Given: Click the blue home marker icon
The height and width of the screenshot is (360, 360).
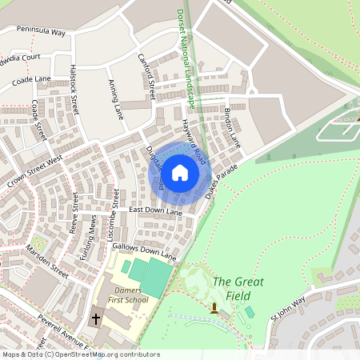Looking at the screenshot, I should [x=180, y=173].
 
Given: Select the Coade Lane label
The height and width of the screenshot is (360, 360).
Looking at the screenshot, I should [x=31, y=80].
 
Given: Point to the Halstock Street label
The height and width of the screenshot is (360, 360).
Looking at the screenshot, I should [x=75, y=88].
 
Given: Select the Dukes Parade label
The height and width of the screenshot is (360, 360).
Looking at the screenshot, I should [x=222, y=181].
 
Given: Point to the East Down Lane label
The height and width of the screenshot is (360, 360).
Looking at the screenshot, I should [x=156, y=210].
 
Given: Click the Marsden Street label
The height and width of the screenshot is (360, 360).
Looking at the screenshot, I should [x=46, y=260].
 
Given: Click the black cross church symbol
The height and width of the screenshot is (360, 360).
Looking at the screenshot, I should [x=96, y=318].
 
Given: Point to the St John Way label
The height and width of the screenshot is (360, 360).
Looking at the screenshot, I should [x=287, y=309].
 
